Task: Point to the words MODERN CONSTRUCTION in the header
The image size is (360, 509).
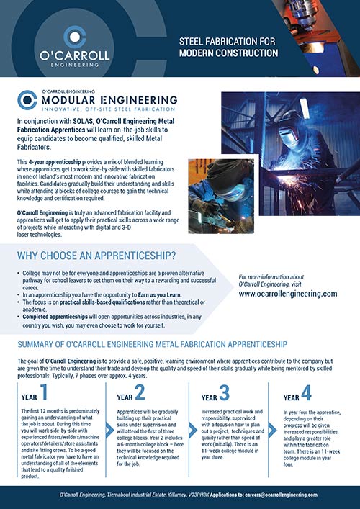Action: pyautogui.click(x=228, y=53)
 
